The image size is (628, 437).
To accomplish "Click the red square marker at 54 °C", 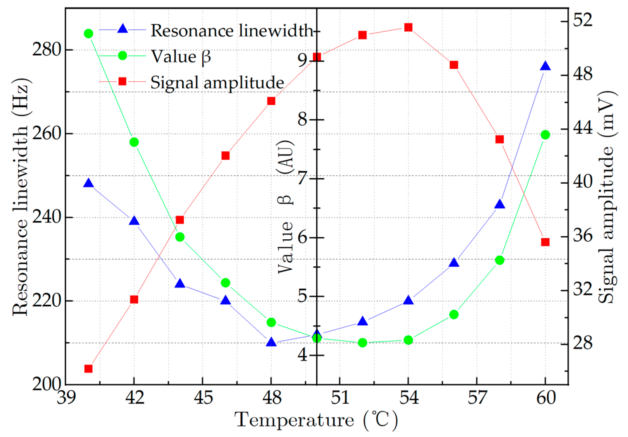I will tap(408, 27).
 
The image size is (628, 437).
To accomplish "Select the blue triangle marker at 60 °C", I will tap(545, 67).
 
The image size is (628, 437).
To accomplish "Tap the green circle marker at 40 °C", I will tap(88, 34).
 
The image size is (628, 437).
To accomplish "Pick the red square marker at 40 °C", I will tap(88, 369).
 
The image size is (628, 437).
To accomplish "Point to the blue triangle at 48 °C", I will tap(271, 342).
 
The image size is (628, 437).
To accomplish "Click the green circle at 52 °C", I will tap(362, 343).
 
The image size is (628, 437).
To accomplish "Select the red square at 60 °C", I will tap(545, 242).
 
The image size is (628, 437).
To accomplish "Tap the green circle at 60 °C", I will tap(545, 135).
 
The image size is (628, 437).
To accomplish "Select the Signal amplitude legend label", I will tap(217, 82).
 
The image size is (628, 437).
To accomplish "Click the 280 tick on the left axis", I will tap(46, 50).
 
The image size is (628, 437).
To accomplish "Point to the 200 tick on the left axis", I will tap(46, 385).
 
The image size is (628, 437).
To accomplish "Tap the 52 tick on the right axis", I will tap(583, 21).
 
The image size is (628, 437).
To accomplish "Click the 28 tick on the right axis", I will tap(583, 343).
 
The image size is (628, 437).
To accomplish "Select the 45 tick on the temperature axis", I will tap(203, 398).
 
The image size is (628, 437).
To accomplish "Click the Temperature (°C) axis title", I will tap(316, 420).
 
